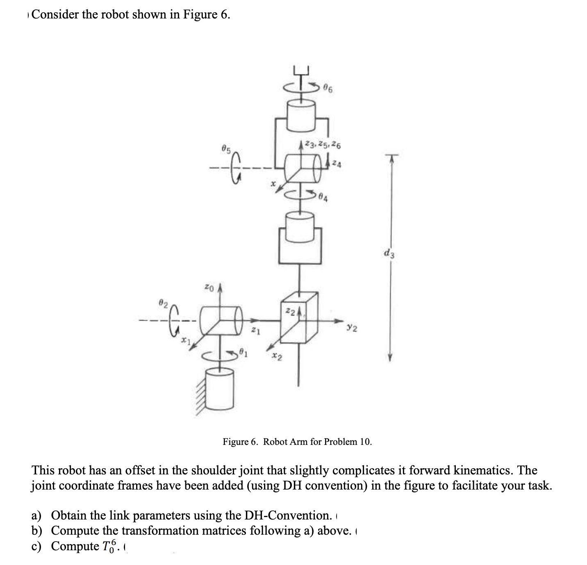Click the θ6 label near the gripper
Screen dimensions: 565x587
coord(328,88)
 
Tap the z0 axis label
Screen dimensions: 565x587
coord(209,288)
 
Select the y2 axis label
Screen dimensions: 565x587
coord(352,328)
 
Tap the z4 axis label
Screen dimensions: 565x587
coord(337,164)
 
